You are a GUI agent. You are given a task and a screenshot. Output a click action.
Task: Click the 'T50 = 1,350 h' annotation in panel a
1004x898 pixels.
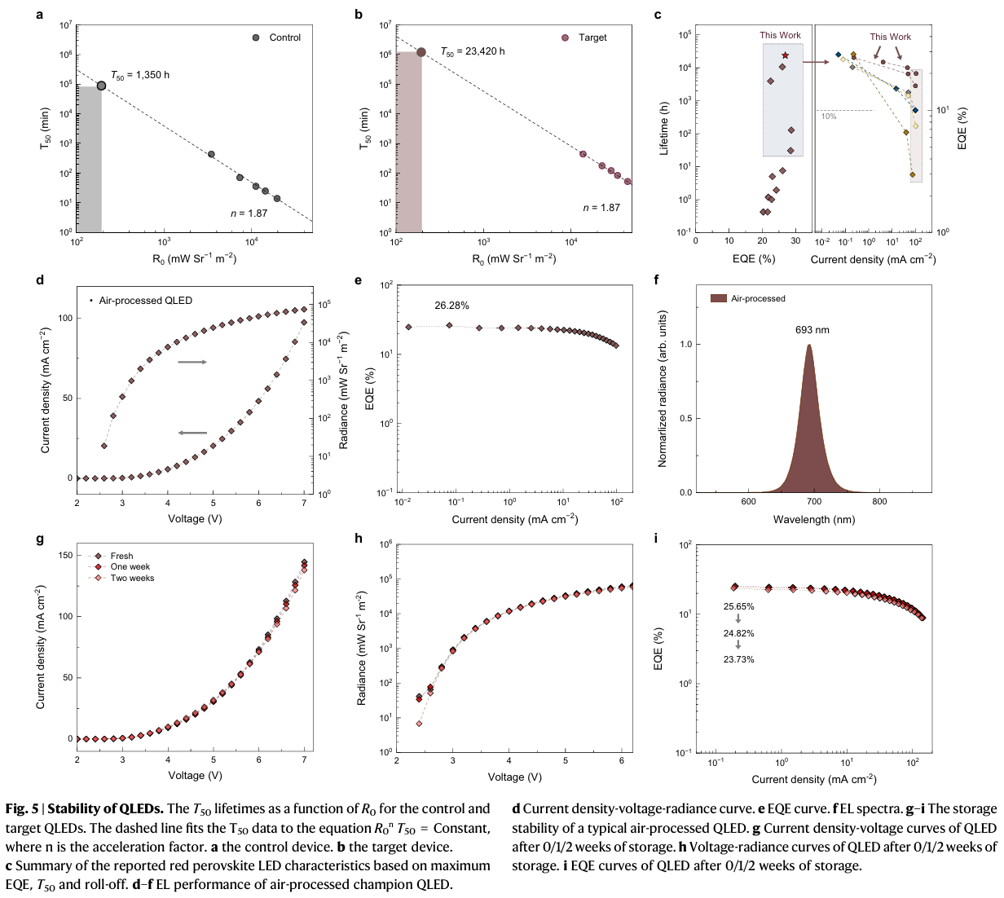click(140, 75)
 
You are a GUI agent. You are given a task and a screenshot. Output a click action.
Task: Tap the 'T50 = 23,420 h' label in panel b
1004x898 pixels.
click(473, 51)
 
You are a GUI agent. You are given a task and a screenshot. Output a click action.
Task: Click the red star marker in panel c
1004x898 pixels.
click(785, 55)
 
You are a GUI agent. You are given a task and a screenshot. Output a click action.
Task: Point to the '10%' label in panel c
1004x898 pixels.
click(829, 117)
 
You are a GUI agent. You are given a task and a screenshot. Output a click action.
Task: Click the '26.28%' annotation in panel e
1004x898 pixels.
click(451, 306)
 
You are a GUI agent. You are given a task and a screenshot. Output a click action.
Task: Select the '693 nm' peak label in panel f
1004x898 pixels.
click(812, 330)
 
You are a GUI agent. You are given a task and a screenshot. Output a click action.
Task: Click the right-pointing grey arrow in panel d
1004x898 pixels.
click(192, 362)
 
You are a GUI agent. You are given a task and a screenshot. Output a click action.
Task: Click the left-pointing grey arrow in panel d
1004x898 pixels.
click(192, 434)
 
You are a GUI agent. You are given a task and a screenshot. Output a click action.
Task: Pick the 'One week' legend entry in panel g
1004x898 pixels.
click(130, 567)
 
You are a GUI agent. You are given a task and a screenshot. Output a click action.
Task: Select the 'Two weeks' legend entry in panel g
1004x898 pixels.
click(132, 579)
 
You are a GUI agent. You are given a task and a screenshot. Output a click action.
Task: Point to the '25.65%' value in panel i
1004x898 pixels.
click(738, 607)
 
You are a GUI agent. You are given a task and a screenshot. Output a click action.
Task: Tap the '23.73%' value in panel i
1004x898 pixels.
click(738, 659)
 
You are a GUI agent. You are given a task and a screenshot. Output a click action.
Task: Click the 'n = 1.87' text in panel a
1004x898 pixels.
click(249, 213)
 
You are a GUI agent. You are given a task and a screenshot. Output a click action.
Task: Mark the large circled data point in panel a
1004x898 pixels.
click(102, 86)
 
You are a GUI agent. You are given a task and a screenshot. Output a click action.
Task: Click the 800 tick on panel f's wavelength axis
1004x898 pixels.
click(879, 502)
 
